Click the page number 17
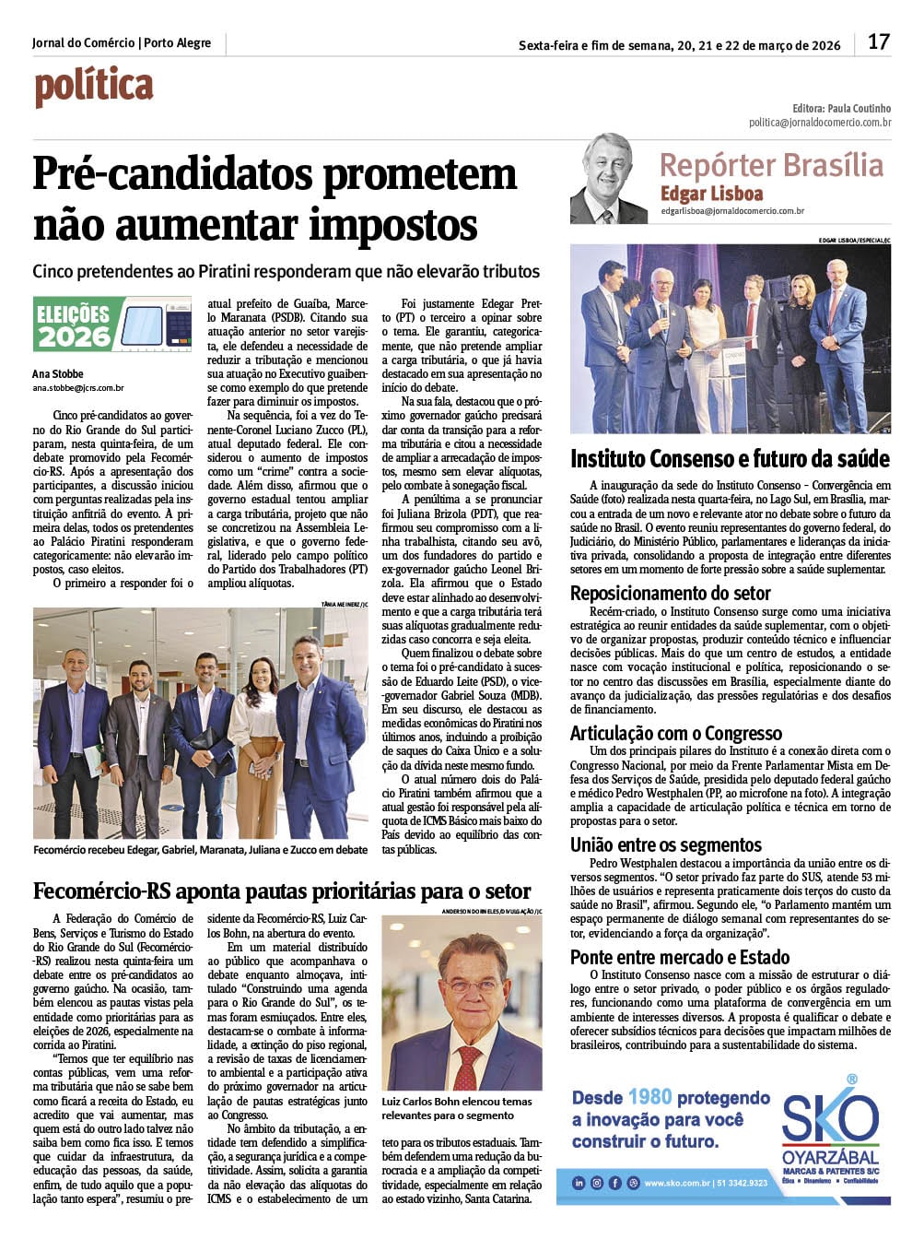[x=878, y=42]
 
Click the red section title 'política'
[x=94, y=88]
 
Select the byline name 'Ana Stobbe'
[x=58, y=374]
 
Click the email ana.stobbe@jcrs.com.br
[x=78, y=389]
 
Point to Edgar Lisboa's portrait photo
[x=608, y=180]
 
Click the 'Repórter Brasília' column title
[x=771, y=166]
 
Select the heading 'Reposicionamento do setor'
[x=670, y=593]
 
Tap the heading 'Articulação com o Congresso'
[x=676, y=734]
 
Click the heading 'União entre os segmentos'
[x=665, y=845]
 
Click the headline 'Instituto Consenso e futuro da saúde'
[x=730, y=459]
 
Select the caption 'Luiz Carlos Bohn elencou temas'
[x=456, y=1102]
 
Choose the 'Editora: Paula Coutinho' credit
[x=841, y=108]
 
